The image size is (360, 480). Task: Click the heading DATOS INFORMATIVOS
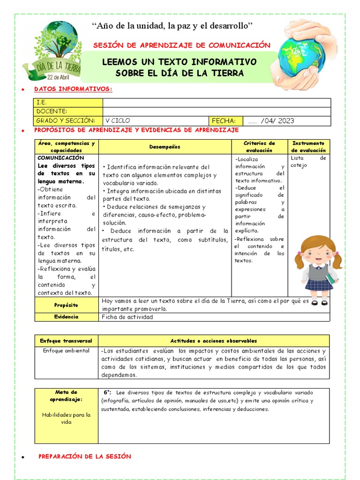(73, 89)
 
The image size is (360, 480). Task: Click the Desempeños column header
(165, 147)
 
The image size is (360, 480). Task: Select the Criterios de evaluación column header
(259, 146)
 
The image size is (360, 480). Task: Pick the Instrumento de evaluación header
(308, 146)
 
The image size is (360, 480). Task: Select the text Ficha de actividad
(127, 317)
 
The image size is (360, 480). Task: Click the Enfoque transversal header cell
(66, 341)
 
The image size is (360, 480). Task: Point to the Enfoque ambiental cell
(66, 351)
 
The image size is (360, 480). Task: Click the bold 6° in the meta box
(107, 392)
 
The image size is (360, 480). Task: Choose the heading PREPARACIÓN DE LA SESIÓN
(84, 456)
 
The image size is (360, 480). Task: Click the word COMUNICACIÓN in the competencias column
(60, 158)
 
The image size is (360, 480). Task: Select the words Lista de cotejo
(308, 162)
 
